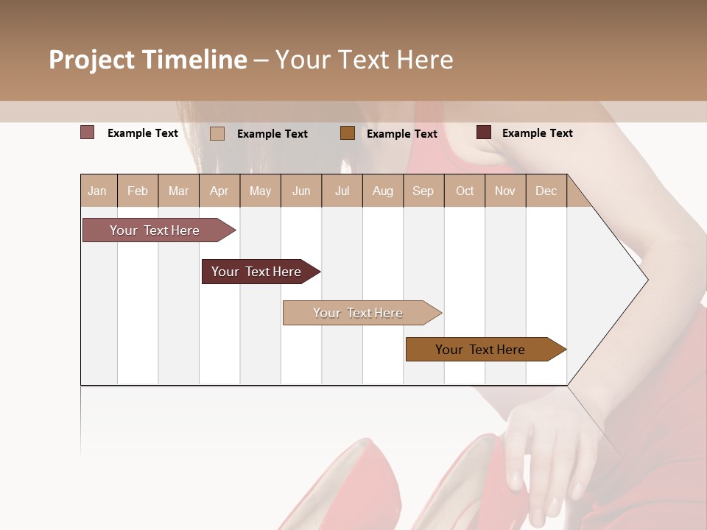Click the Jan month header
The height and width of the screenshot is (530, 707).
pos(97,191)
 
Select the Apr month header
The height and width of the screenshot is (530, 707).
pos(219,191)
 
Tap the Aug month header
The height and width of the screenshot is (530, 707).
pos(382,191)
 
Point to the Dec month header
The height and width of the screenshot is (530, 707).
pos(546,191)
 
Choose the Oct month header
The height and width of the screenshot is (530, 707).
pos(465,191)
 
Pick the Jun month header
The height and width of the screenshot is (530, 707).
pos(301,191)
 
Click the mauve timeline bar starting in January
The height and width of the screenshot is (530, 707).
pos(155,230)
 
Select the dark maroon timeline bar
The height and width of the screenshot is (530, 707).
pos(256,272)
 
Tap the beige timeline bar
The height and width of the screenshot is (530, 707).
pos(358,313)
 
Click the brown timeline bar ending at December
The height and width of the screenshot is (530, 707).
pos(480,350)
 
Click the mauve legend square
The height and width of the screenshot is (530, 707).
pos(87,132)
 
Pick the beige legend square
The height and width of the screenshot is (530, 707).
pos(217,133)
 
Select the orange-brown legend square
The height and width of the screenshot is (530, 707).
pos(348,132)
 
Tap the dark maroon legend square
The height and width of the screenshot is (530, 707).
pos(484,132)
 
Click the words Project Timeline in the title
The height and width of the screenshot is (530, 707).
pos(147,60)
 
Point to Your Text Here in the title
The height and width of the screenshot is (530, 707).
pos(365,60)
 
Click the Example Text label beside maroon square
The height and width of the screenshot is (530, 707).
pos(537,133)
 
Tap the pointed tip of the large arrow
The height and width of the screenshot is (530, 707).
pos(646,280)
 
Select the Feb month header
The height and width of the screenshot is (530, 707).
pos(138,191)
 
